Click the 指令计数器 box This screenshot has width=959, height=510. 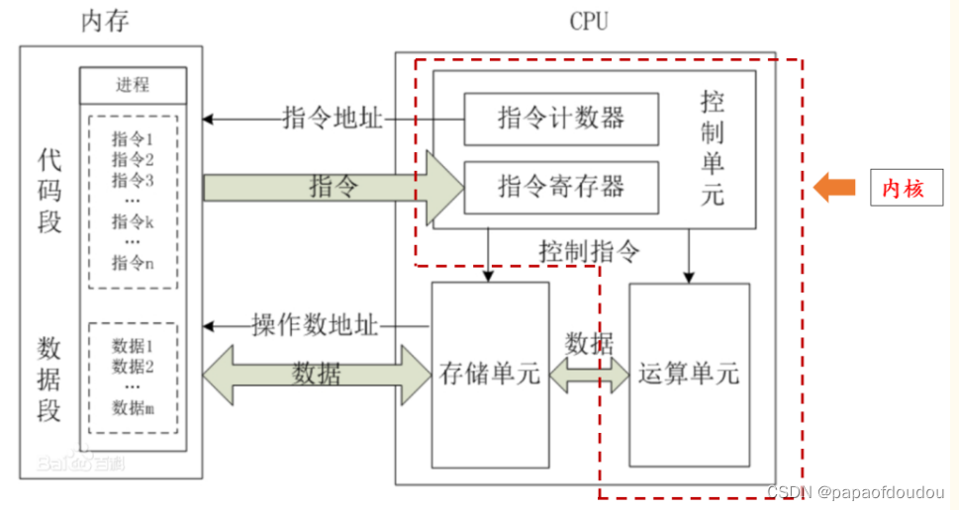[x=561, y=118]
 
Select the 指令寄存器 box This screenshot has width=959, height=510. [x=561, y=187]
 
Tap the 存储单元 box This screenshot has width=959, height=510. [x=490, y=375]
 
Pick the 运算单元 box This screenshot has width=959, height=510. [x=689, y=375]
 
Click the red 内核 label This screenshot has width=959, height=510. [x=903, y=188]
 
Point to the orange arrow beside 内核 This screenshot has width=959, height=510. [x=834, y=187]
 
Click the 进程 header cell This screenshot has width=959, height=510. [x=133, y=85]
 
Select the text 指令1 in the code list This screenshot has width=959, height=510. [x=133, y=139]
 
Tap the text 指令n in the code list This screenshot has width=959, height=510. [x=133, y=263]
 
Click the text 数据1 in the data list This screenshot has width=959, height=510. [x=133, y=347]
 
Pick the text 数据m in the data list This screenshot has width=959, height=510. [x=133, y=407]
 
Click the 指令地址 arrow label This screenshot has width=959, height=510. [x=332, y=119]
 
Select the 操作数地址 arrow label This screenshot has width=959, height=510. [x=316, y=324]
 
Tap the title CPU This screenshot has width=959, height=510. [x=591, y=21]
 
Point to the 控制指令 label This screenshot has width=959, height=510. [x=589, y=250]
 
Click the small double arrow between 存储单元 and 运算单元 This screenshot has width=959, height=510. [x=590, y=374]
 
